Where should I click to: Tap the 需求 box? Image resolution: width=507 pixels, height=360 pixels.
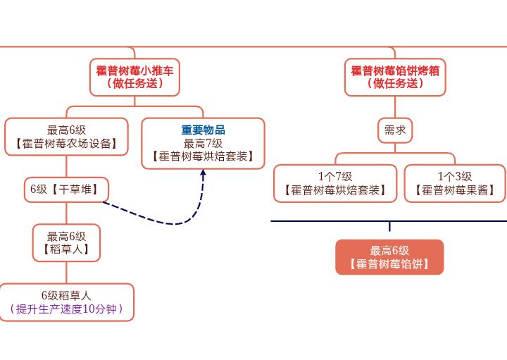point(394,130)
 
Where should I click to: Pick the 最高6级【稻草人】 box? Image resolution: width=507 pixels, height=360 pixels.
point(66,242)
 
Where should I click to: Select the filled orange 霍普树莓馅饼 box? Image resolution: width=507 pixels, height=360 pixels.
point(389,258)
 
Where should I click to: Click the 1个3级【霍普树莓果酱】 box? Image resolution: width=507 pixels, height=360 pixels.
point(454,183)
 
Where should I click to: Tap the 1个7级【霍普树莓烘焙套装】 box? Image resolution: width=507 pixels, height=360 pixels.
point(335,183)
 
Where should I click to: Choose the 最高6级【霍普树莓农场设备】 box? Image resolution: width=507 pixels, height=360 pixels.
point(66,137)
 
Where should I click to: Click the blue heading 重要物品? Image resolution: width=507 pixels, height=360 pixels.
point(203,130)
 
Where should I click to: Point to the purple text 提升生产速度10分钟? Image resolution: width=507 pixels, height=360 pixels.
point(66,309)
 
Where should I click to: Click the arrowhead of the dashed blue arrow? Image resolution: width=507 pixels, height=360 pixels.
point(204,173)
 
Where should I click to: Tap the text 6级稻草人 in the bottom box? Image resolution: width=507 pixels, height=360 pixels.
point(66,295)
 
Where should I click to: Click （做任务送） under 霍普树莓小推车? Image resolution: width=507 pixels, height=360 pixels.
point(134,83)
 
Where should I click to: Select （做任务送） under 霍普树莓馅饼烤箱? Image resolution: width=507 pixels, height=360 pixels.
point(395,83)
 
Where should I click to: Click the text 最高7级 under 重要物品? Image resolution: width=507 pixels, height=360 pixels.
point(203,143)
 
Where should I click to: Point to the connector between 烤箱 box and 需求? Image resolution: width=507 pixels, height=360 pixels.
point(394,107)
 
